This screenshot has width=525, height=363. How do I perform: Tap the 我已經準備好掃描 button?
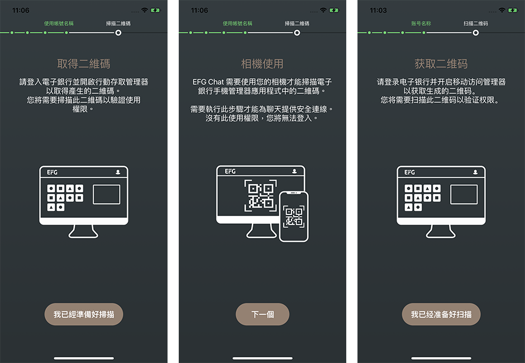click(84, 314)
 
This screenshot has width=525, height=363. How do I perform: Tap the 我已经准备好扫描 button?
click(441, 314)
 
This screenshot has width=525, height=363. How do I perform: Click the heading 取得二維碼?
click(84, 64)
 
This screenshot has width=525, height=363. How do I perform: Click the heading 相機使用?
click(262, 64)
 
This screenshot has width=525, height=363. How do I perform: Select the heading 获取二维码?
click(441, 64)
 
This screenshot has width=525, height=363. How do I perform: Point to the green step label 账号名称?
click(421, 23)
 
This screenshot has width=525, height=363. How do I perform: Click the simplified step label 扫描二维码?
click(475, 23)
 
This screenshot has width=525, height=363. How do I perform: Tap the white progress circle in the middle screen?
click(297, 33)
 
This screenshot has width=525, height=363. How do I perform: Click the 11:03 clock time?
click(378, 11)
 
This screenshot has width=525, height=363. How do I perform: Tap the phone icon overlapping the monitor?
click(294, 216)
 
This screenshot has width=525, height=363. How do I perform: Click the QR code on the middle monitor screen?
click(260, 195)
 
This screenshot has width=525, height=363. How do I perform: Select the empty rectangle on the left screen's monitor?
click(107, 194)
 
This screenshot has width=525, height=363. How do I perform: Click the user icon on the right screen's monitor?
click(475, 172)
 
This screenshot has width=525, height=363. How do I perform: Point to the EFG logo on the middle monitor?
click(230, 171)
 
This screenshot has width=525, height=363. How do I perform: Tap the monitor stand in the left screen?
click(83, 231)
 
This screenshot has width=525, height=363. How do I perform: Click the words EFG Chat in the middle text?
click(208, 82)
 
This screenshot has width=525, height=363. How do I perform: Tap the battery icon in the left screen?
click(155, 11)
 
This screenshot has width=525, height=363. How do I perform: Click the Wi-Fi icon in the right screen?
click(502, 11)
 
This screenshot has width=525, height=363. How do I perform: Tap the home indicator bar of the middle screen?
click(262, 358)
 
